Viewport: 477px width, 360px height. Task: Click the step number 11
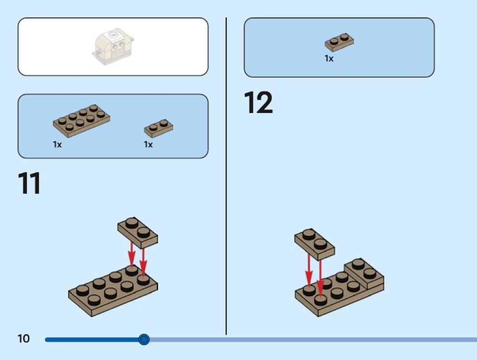[x=29, y=183]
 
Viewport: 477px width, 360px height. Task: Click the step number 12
[x=258, y=102]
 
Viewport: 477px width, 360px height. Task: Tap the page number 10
[x=24, y=338]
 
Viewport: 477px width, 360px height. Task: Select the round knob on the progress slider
[x=144, y=339]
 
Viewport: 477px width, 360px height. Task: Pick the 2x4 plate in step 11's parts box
[x=81, y=121]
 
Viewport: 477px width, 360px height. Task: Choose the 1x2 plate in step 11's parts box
[x=159, y=128]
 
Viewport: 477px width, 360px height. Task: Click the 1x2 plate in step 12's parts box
[x=339, y=42]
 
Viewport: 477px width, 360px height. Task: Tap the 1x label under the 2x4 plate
[x=57, y=144]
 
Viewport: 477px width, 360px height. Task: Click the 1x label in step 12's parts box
[x=329, y=59]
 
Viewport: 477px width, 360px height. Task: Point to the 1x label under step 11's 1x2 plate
[x=148, y=144]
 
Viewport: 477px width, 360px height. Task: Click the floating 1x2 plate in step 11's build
[x=138, y=232]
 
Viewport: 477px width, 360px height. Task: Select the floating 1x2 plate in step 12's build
[x=314, y=244]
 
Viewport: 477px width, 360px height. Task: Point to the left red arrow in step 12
[x=309, y=271]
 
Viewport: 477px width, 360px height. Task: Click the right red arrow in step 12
[x=320, y=278]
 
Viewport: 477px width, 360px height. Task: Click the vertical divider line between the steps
[x=226, y=176]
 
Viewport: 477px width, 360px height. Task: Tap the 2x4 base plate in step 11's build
[x=113, y=291]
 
